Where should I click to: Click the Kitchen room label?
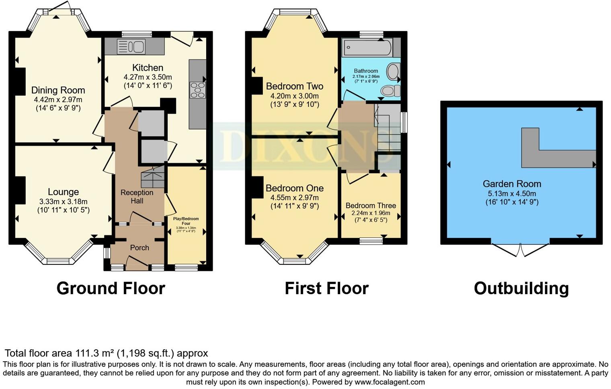(x=148, y=68)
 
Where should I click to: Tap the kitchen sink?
(x=131, y=47)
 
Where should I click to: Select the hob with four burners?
(x=197, y=90)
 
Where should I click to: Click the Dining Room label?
(x=58, y=90)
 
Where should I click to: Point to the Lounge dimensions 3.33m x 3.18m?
(x=63, y=201)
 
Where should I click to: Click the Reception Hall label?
(x=137, y=197)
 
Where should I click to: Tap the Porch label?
(x=139, y=248)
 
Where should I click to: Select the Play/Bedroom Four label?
(x=186, y=221)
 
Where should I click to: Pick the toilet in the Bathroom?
(x=390, y=91)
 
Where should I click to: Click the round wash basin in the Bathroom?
(x=393, y=72)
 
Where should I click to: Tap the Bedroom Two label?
(x=294, y=86)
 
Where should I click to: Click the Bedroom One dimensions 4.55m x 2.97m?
(x=294, y=197)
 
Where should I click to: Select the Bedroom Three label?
(x=371, y=205)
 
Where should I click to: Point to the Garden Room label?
(x=512, y=184)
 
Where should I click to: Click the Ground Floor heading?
(x=111, y=288)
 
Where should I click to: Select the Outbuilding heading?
(x=521, y=288)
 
